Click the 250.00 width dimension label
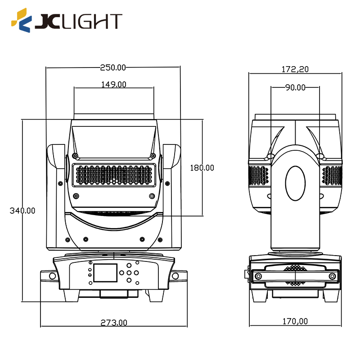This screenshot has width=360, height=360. tap(113, 67)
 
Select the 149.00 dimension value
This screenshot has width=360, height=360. tap(113, 84)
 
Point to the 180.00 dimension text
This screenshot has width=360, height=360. tap(202, 168)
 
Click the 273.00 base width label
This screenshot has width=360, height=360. tap(113, 323)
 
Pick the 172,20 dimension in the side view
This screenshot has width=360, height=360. tap(295, 69)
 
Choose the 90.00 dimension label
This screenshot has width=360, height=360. tap(295, 87)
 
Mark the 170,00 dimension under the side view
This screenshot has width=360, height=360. tap(295, 321)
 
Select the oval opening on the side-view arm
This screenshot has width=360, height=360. tap(295, 183)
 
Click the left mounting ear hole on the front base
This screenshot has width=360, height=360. tap(52, 276)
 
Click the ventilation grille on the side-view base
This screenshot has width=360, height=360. tap(295, 275)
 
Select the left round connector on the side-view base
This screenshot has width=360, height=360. tap(258, 276)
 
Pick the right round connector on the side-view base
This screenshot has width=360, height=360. tap(332, 276)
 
